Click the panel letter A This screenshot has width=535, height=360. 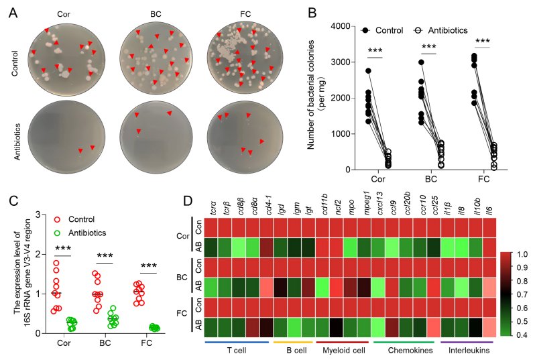point(13,13)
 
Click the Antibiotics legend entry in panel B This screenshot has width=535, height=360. point(440,30)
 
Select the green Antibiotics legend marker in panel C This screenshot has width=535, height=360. point(57,233)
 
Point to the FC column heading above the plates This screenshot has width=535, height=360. point(245,14)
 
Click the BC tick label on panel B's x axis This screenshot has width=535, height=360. point(431,179)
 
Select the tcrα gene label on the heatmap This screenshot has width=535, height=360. point(213,208)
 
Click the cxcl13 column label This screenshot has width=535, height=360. point(380,204)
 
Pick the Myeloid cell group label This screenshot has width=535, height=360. point(343,351)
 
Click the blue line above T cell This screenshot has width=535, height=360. point(237,342)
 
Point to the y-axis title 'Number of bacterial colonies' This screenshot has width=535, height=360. point(310,95)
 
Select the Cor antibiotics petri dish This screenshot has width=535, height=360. point(66,135)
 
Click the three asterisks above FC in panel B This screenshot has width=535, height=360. point(483,42)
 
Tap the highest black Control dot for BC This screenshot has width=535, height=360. point(422,62)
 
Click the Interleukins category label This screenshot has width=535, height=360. point(469,351)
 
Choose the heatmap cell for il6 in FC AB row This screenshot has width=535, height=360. point(489,324)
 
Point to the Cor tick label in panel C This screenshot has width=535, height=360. point(64,343)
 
